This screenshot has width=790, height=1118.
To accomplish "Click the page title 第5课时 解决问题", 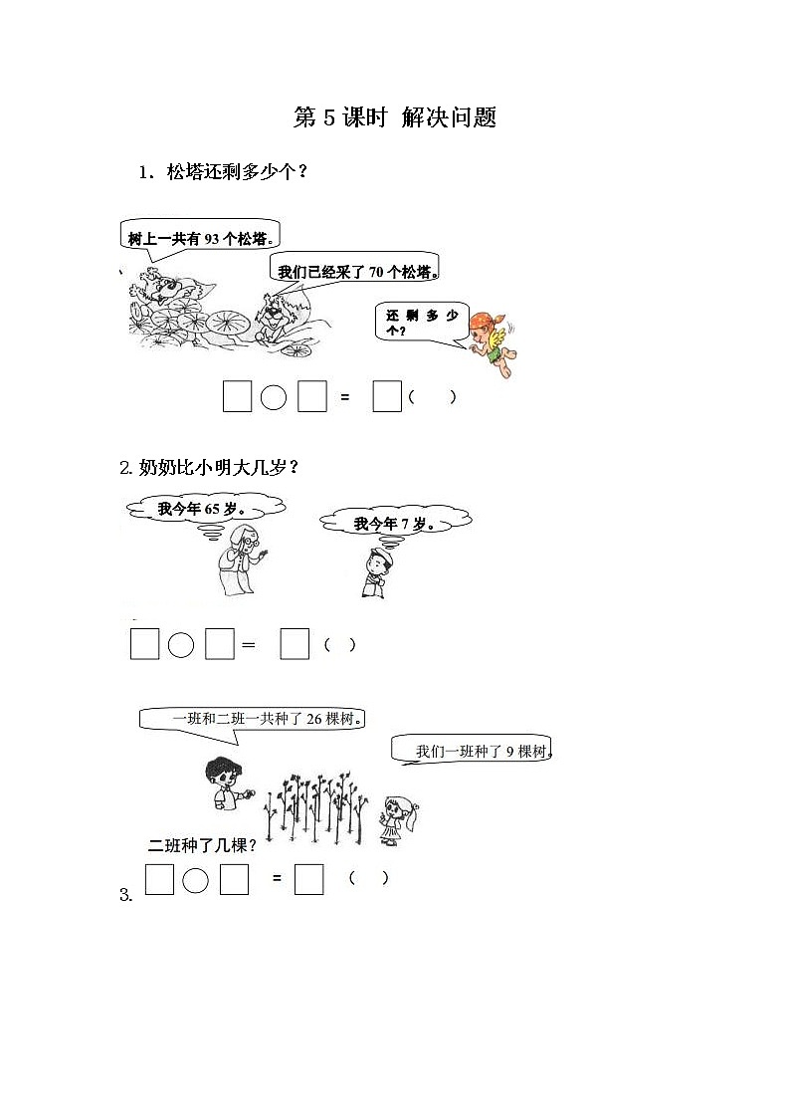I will coord(395,117).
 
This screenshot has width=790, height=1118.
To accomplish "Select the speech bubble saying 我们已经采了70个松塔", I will coord(357,271).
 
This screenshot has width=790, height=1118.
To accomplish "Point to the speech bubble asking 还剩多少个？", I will coord(424,323).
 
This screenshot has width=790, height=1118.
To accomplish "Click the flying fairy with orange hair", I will coord(497,343).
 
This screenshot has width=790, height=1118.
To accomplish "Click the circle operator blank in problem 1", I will coord(274,397).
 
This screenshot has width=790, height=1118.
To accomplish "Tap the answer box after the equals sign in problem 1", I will coord(386,396).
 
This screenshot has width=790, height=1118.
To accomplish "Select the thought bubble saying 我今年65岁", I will coord(204,510).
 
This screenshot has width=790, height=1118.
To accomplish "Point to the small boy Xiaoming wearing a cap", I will coord(375,573).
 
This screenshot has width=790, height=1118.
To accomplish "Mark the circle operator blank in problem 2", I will coord(180,645).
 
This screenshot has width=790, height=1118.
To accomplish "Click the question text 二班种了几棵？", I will coord(202,846).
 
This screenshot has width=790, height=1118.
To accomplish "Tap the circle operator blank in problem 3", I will coord(196,880).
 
